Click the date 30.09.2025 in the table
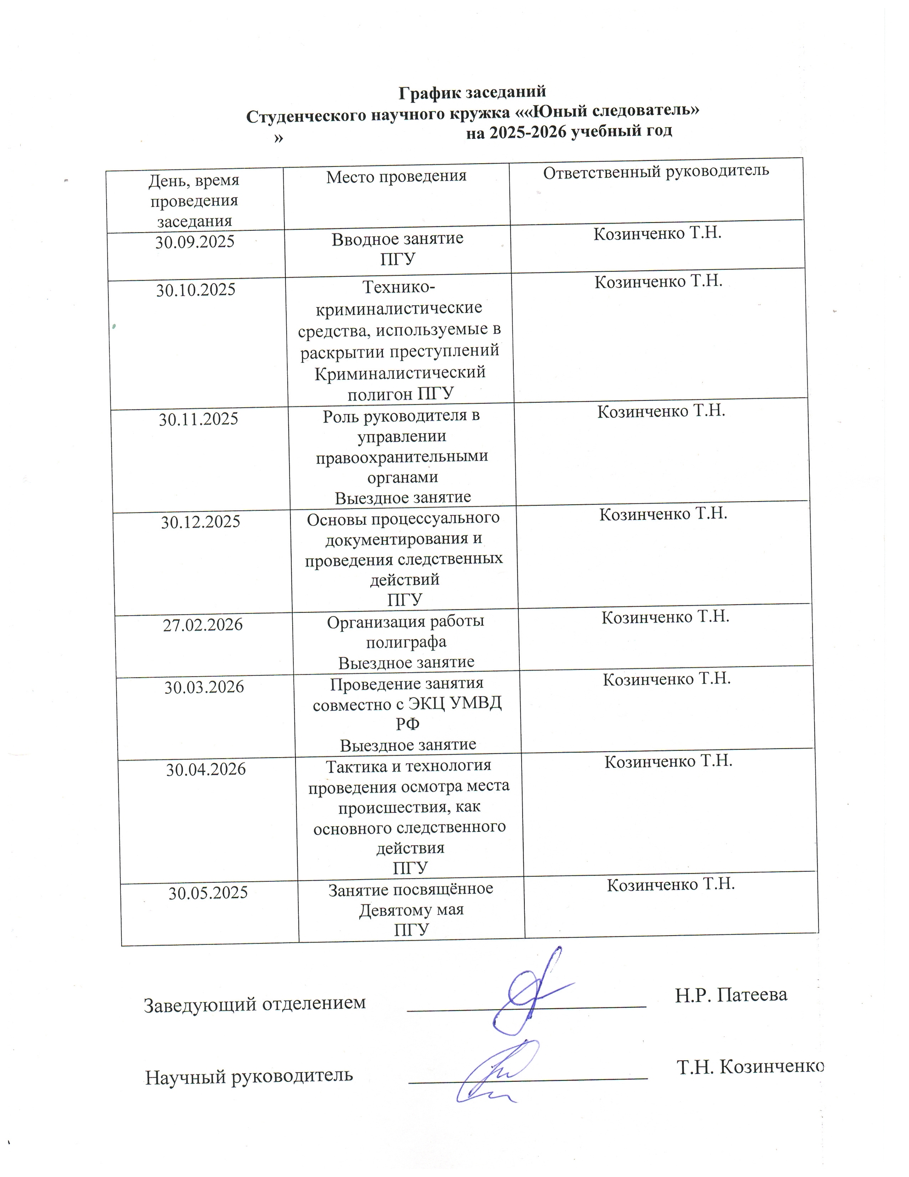pyautogui.click(x=194, y=242)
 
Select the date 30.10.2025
pyautogui.click(x=196, y=291)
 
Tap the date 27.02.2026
pyautogui.click(x=203, y=625)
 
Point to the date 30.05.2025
pyautogui.click(x=208, y=893)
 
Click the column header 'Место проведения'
pyautogui.click(x=396, y=176)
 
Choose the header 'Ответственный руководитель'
pyautogui.click(x=656, y=171)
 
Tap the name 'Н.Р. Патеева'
pyautogui.click(x=731, y=994)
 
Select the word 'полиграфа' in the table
pyautogui.click(x=406, y=642)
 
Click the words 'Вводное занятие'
pyautogui.click(x=397, y=239)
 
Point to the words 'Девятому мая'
pyautogui.click(x=411, y=910)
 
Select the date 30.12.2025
pyautogui.click(x=200, y=522)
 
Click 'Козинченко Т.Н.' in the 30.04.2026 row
pyautogui.click(x=668, y=761)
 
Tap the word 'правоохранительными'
pyautogui.click(x=402, y=457)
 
